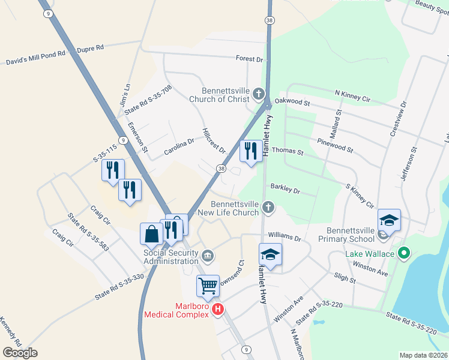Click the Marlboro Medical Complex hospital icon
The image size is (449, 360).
pyautogui.click(x=218, y=309)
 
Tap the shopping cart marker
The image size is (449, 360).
pyautogui.click(x=208, y=286)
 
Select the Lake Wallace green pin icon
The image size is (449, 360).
pyautogui.click(x=404, y=254)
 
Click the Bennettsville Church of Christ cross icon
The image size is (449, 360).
pyautogui.click(x=258, y=94)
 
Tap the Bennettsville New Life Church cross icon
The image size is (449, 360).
pyautogui.click(x=268, y=208)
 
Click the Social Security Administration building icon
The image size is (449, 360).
pyautogui.click(x=207, y=256)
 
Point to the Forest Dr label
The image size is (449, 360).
pyautogui.click(x=250, y=59)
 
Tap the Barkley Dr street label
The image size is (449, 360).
pyautogui.click(x=285, y=189)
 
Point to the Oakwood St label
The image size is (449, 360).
pyautogui.click(x=292, y=102)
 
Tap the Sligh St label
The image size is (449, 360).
pyautogui.click(x=345, y=280)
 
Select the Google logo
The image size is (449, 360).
pyautogui.click(x=20, y=353)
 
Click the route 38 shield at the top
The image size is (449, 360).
pyautogui.click(x=270, y=20)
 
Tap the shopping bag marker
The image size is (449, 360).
pyautogui.click(x=151, y=233)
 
